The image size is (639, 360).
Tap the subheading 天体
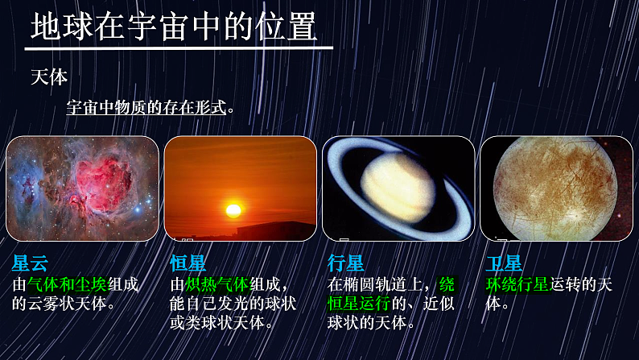(x=49, y=77)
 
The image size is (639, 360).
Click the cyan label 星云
(x=31, y=263)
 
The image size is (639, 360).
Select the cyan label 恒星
(x=188, y=263)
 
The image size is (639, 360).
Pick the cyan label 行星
(x=346, y=263)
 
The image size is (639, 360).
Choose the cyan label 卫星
(x=505, y=263)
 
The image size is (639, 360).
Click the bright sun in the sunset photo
(x=233, y=210)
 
